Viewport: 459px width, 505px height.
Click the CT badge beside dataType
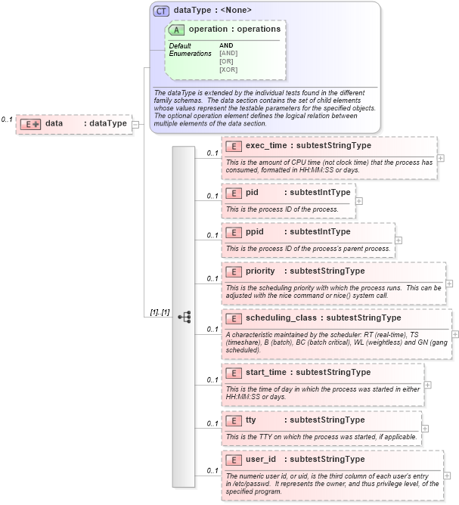click(162, 11)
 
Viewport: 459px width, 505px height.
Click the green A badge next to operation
click(177, 29)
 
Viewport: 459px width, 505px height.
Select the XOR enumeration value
click(228, 70)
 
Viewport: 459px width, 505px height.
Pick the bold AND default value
click(226, 45)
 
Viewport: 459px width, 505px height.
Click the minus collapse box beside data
click(135, 124)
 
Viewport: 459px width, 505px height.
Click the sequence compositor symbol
click(184, 316)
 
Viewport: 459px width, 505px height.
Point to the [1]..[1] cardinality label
click(160, 312)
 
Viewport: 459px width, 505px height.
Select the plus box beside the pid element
click(359, 201)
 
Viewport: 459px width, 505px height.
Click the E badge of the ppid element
click(234, 231)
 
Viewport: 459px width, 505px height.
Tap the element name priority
click(261, 271)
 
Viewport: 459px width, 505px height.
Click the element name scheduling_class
click(281, 318)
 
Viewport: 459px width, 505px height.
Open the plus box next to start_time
click(428, 384)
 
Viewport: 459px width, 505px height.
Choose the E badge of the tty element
click(234, 420)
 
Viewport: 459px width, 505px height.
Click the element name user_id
click(262, 459)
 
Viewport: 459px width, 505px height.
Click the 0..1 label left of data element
click(7, 119)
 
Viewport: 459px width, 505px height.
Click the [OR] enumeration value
click(226, 61)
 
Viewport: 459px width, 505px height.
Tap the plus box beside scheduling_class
click(455, 334)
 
